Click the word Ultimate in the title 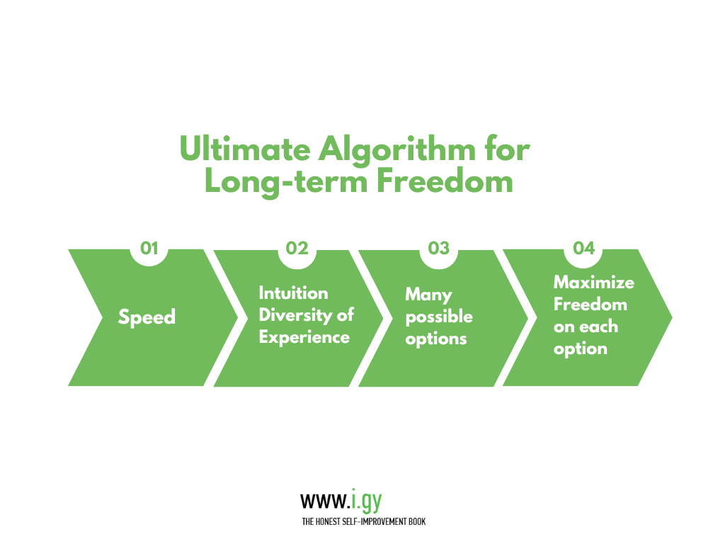coord(245,149)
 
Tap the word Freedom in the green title coord(445,181)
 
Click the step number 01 coord(149,249)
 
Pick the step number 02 coord(297,249)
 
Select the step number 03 coord(439,249)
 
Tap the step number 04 coord(584,249)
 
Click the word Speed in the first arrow coord(147,318)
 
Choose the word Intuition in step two coord(294,293)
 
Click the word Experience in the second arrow coord(304,338)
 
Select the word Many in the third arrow coord(428,295)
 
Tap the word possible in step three coord(439,317)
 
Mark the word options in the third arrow coord(436,339)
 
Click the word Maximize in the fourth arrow coord(594,282)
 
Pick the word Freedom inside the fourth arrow coord(590,305)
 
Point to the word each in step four coord(599,327)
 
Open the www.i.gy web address coord(341,501)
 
